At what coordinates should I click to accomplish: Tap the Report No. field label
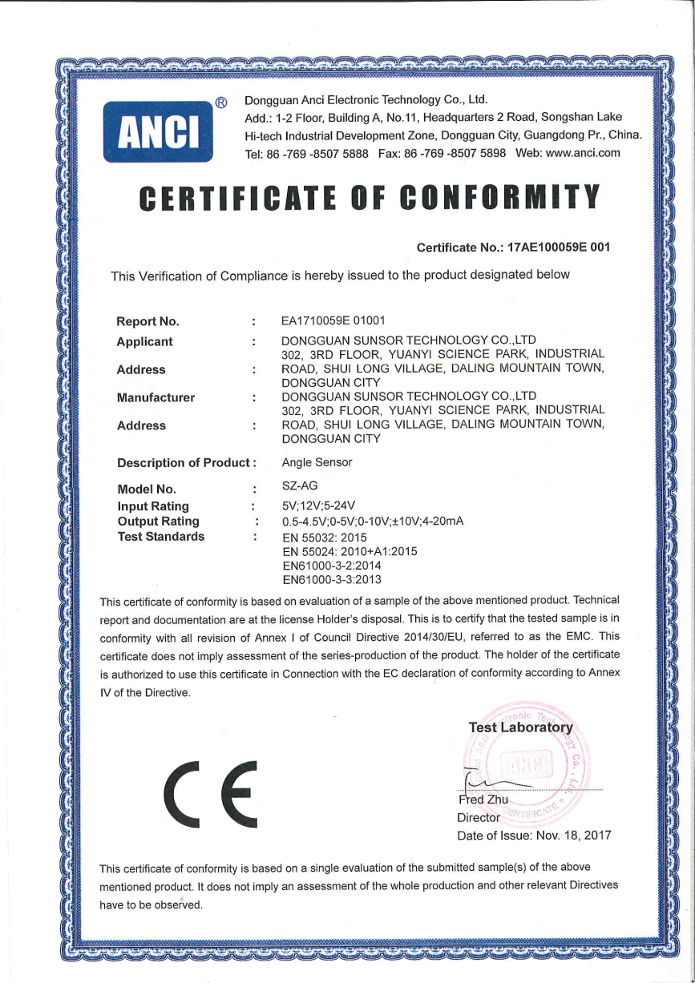click(x=147, y=322)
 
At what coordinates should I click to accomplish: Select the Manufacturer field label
click(x=156, y=397)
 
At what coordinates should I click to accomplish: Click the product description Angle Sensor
click(x=317, y=462)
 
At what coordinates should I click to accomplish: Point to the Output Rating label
click(x=158, y=522)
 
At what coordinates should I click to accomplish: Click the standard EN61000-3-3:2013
click(x=332, y=579)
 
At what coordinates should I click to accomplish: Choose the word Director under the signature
click(x=478, y=818)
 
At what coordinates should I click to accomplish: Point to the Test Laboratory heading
click(x=521, y=727)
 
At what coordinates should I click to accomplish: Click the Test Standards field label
click(x=160, y=537)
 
